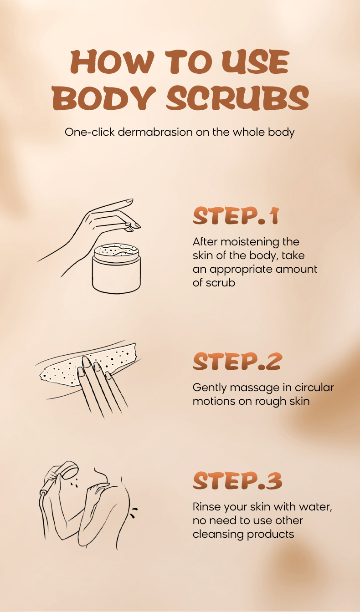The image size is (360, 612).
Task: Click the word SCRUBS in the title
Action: (237, 97)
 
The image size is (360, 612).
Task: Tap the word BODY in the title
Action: (104, 97)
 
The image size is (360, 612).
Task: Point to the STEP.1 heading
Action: (236, 216)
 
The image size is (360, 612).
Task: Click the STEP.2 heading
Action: (237, 362)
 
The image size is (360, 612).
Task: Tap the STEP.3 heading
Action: (237, 480)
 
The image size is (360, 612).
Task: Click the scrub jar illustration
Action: (117, 269)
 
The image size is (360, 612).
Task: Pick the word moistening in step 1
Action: (250, 242)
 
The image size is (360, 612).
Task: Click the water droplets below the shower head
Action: (74, 483)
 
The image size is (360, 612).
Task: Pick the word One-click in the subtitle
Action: (89, 132)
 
